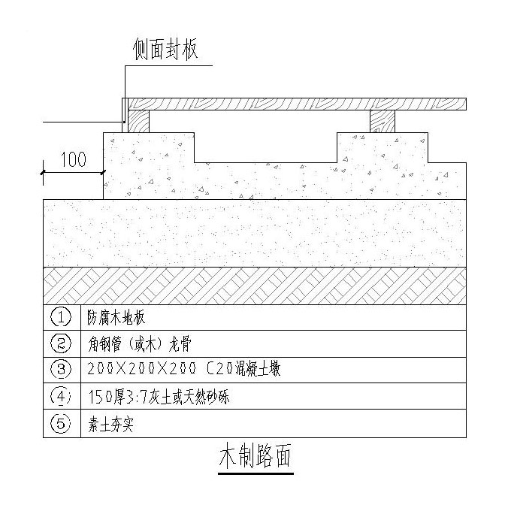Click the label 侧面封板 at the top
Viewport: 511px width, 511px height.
click(x=165, y=50)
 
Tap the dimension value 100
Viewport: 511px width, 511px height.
click(x=73, y=159)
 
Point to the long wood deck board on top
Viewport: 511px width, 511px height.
click(x=297, y=104)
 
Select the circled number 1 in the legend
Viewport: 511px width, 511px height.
click(x=60, y=316)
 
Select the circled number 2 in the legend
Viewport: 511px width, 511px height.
click(x=60, y=343)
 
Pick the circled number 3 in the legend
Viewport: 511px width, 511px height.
click(x=60, y=370)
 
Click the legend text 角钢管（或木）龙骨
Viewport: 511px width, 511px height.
click(x=135, y=343)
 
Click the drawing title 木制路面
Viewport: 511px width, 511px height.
click(x=254, y=456)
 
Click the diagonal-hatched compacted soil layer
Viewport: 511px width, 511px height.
click(x=255, y=286)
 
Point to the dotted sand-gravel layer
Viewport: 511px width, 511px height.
click(x=255, y=233)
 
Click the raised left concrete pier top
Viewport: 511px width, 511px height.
click(x=149, y=147)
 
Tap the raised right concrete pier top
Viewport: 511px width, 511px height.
click(x=383, y=147)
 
